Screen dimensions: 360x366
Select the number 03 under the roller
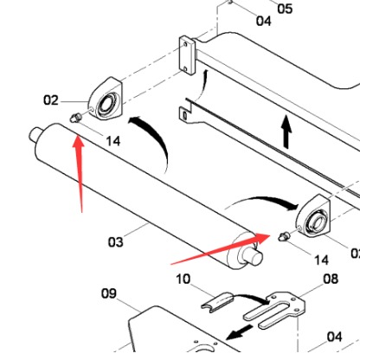tap(115, 242)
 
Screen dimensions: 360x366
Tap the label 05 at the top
tap(285, 9)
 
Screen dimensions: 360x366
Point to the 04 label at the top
tap(263, 21)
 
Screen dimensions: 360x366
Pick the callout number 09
tap(108, 293)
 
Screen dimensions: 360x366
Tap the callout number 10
tap(183, 279)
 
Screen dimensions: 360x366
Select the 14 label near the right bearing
tap(321, 260)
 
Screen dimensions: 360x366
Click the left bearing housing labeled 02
tap(106, 103)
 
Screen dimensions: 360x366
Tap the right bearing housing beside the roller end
tap(312, 215)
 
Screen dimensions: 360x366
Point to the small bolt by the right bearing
tap(283, 236)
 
